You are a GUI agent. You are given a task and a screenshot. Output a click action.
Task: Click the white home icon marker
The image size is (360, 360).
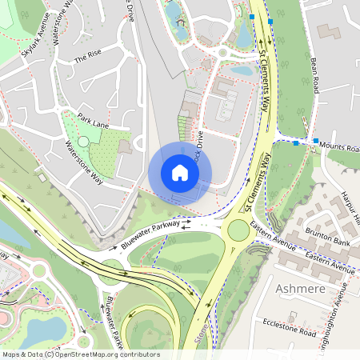[180, 173]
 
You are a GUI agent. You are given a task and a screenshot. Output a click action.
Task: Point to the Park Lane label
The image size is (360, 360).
[93, 118]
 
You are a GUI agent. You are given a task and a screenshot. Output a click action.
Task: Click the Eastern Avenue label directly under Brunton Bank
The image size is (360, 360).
[329, 262]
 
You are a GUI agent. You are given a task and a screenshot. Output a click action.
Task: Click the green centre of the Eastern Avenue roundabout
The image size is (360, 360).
[238, 231]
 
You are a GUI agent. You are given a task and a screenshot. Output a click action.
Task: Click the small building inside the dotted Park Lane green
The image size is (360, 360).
[124, 147]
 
